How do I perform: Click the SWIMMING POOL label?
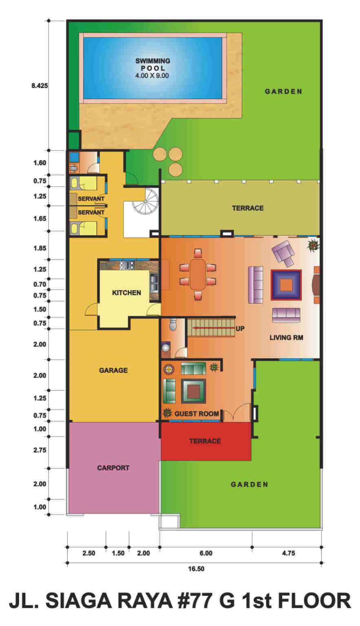(152, 64)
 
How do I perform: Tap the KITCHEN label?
(126, 293)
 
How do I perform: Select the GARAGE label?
(113, 370)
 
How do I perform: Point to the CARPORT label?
(113, 468)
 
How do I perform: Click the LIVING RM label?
(286, 337)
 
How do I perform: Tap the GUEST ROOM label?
(197, 414)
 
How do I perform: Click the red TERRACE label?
(205, 441)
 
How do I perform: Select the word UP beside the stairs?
(240, 328)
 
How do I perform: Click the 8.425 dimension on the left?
(40, 86)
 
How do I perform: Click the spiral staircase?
(146, 201)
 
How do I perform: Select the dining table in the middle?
(198, 274)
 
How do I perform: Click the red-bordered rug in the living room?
(286, 285)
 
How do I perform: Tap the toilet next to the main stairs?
(173, 324)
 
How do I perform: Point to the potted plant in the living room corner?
(314, 245)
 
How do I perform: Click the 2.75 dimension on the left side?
(40, 450)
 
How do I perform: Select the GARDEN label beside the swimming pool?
(283, 92)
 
